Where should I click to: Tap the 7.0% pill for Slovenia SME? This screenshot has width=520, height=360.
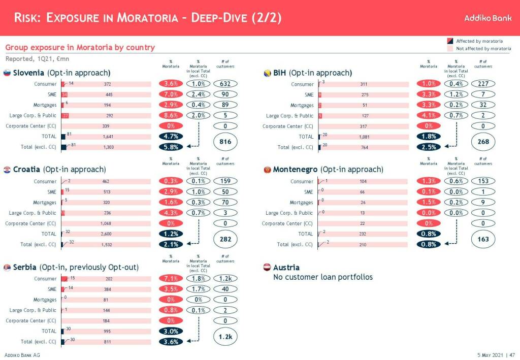tap(171, 94)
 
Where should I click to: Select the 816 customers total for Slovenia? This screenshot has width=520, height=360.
tap(225, 142)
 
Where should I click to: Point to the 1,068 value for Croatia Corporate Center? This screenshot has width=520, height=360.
tap(107, 223)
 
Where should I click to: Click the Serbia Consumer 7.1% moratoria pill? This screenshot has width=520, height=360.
tap(171, 279)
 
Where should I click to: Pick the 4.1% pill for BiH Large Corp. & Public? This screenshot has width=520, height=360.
tap(429, 116)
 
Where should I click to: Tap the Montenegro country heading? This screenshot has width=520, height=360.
tap(328, 170)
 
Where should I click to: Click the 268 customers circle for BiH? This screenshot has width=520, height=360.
tap(483, 142)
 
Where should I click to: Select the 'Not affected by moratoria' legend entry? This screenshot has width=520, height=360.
tap(483, 49)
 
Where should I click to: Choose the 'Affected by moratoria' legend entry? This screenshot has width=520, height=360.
tap(479, 41)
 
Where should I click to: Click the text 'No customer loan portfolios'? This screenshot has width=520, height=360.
tap(322, 277)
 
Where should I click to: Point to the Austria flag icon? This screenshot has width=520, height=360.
tap(267, 268)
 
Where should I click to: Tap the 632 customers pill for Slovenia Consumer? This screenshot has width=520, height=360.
tap(225, 84)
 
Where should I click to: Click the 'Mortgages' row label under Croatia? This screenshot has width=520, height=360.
tap(45, 203)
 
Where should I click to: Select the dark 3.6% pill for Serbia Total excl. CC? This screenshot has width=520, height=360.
tap(171, 342)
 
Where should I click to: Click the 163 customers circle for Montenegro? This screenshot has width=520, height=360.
tap(483, 239)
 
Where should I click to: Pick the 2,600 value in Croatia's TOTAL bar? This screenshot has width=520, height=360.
tap(107, 234)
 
